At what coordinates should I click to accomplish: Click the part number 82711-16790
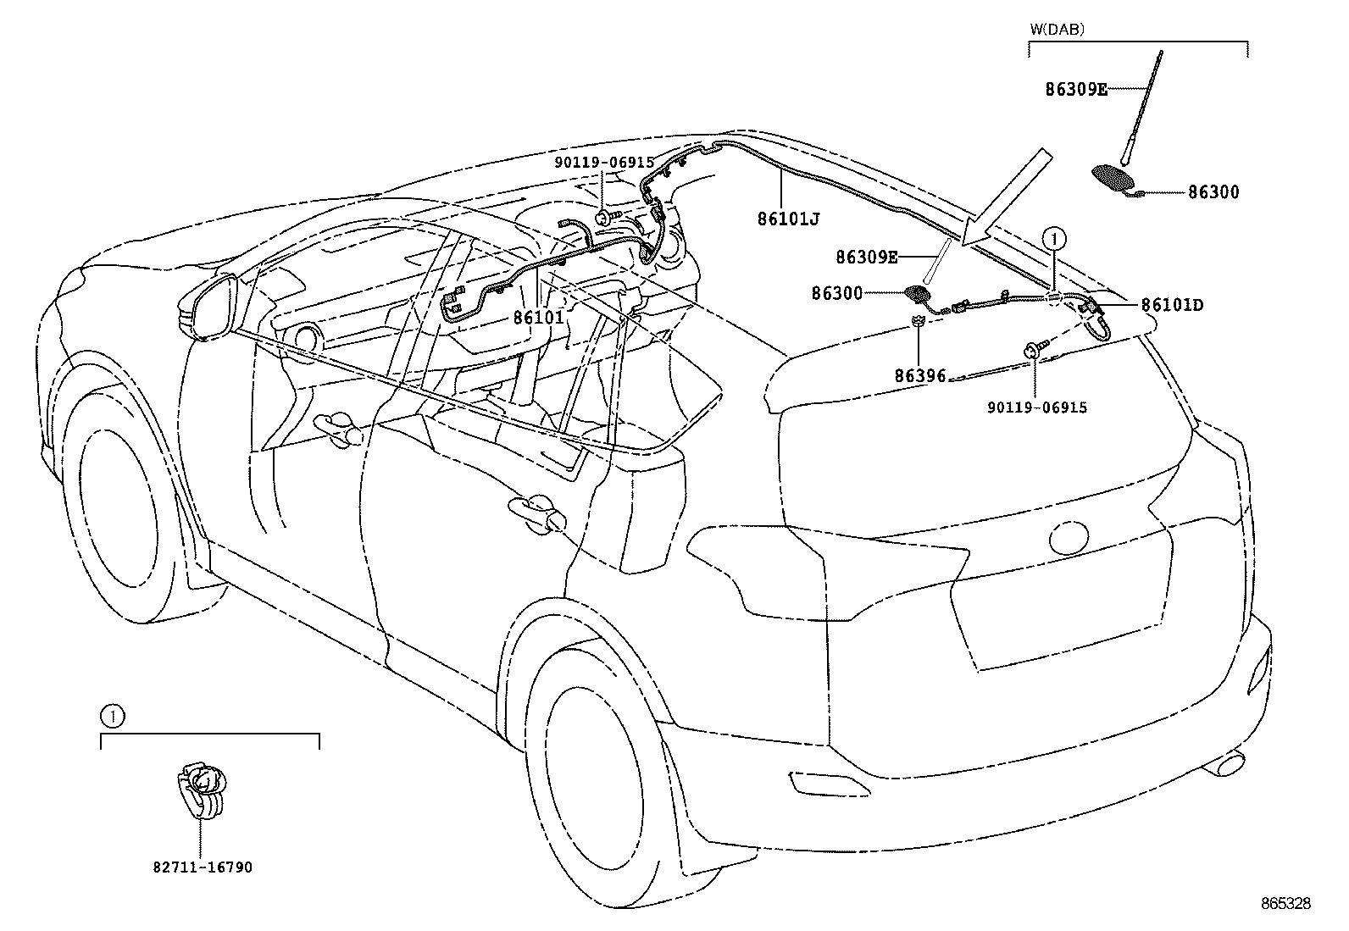click(x=203, y=867)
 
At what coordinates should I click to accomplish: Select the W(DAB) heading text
click(x=1057, y=29)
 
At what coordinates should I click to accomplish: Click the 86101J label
click(x=789, y=219)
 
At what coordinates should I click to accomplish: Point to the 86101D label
click(x=1172, y=305)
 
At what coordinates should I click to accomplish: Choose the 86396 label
click(x=919, y=375)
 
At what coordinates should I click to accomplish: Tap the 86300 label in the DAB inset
click(x=1213, y=192)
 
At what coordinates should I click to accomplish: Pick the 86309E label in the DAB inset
click(x=1075, y=88)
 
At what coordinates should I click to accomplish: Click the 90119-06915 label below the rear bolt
click(x=1036, y=407)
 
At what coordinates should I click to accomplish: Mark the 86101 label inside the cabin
click(x=538, y=317)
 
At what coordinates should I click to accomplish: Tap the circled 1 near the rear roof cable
click(x=1054, y=238)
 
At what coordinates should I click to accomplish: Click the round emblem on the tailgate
click(x=1069, y=536)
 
